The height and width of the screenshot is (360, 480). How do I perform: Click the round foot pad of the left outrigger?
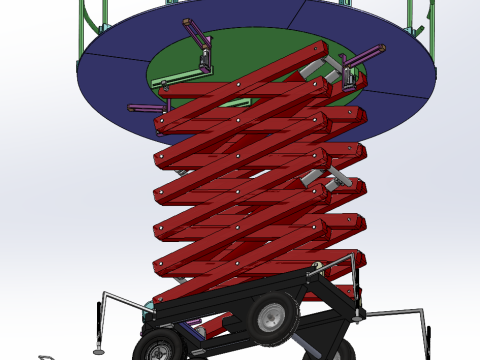pyautogui.click(x=98, y=350)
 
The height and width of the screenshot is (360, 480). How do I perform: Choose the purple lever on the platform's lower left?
pyautogui.click(x=146, y=108)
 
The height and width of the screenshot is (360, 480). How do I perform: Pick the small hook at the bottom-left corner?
pyautogui.click(x=45, y=355)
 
